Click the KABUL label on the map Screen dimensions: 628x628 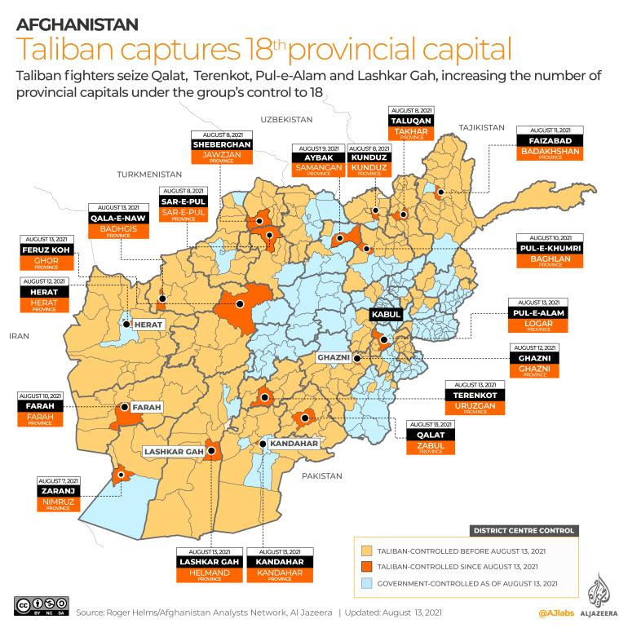(386, 314)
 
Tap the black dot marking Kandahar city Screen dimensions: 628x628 (263, 444)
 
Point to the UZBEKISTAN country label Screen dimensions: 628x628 (288, 119)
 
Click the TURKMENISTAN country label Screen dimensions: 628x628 (148, 175)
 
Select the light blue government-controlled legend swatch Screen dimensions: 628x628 (366, 582)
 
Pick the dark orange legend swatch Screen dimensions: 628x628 (366, 566)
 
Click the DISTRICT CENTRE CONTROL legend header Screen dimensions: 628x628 (524, 530)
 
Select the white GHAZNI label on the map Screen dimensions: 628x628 (333, 358)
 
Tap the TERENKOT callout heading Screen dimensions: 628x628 (475, 395)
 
